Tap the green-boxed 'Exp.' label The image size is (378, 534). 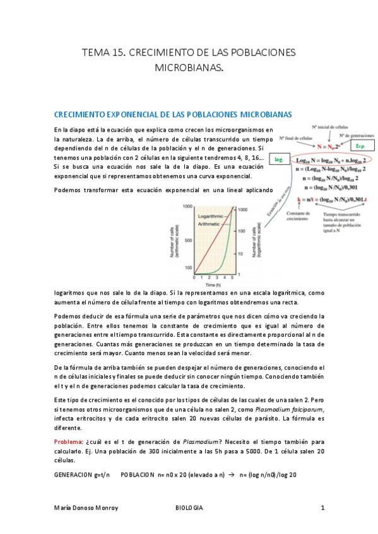point(361,146)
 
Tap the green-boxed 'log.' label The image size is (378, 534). point(278,161)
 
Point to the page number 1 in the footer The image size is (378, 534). point(322,507)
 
